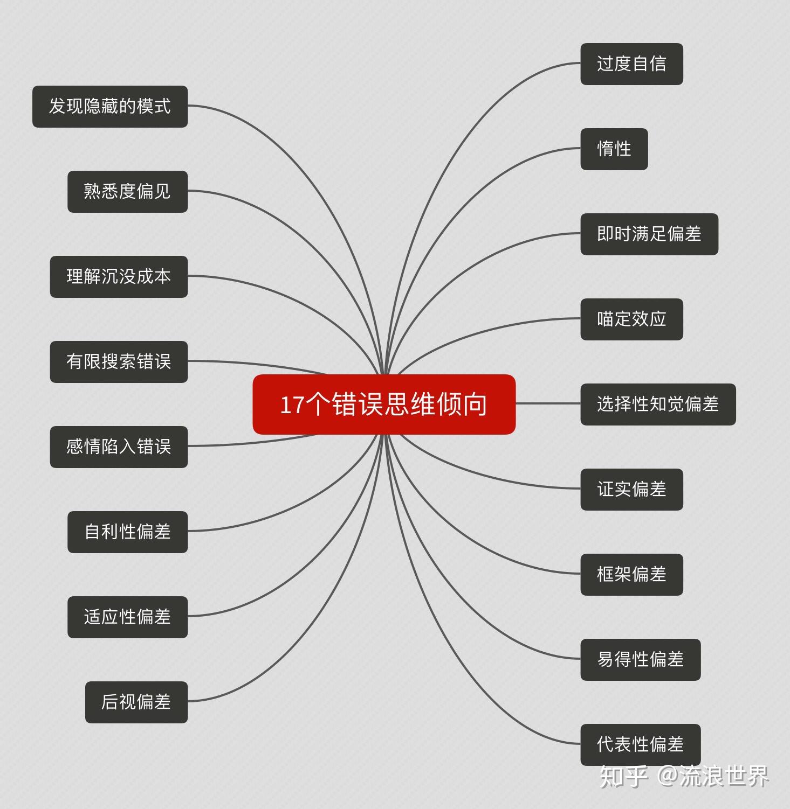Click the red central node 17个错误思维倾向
384,404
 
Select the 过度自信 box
631,64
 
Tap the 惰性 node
614,149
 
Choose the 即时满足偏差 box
649,234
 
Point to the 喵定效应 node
631,319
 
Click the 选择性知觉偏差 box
658,404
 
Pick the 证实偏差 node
631,490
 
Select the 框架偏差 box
631,575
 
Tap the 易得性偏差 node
640,660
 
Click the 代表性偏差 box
640,745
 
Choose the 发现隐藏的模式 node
110,107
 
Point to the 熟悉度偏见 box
127,192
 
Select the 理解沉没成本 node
119,277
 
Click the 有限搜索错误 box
119,362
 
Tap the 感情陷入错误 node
119,447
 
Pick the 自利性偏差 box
127,532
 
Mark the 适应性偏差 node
127,617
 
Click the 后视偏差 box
136,702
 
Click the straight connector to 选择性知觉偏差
548,403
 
